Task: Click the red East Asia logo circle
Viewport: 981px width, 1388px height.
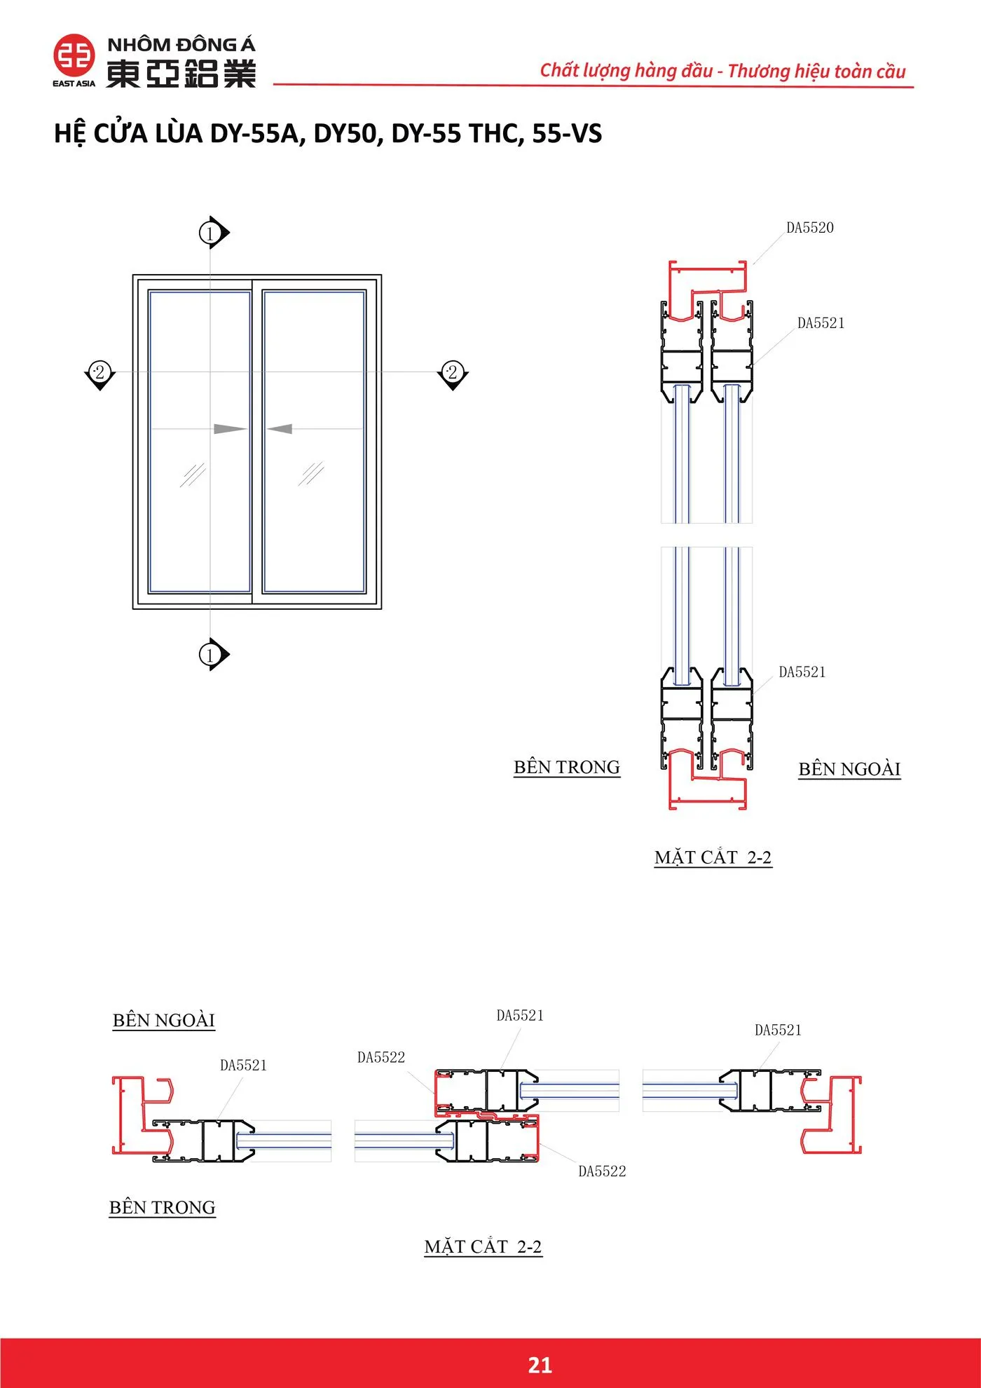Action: (x=74, y=55)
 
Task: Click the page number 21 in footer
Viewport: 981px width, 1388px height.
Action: (x=540, y=1364)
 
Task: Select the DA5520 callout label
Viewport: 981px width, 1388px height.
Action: (x=809, y=228)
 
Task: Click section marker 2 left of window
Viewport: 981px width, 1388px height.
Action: (x=100, y=372)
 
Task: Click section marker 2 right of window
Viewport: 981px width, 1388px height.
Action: (x=453, y=372)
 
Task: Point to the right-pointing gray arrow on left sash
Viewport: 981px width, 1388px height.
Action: (x=229, y=428)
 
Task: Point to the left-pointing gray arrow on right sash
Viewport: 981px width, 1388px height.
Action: (x=280, y=428)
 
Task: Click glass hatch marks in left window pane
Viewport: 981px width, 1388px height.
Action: (x=193, y=475)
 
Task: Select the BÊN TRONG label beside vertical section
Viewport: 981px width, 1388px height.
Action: (x=566, y=767)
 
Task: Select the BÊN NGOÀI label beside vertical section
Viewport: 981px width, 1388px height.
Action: (x=849, y=769)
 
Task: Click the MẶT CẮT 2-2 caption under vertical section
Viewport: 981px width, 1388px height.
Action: (x=713, y=857)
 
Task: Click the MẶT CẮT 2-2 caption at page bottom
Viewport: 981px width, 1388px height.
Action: (x=483, y=1246)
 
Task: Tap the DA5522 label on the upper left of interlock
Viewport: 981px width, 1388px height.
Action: (x=380, y=1057)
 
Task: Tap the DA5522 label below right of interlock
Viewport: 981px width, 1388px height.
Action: (x=601, y=1171)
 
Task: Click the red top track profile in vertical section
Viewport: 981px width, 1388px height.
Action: (x=706, y=271)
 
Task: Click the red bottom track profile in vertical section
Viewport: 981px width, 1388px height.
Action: (x=706, y=799)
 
